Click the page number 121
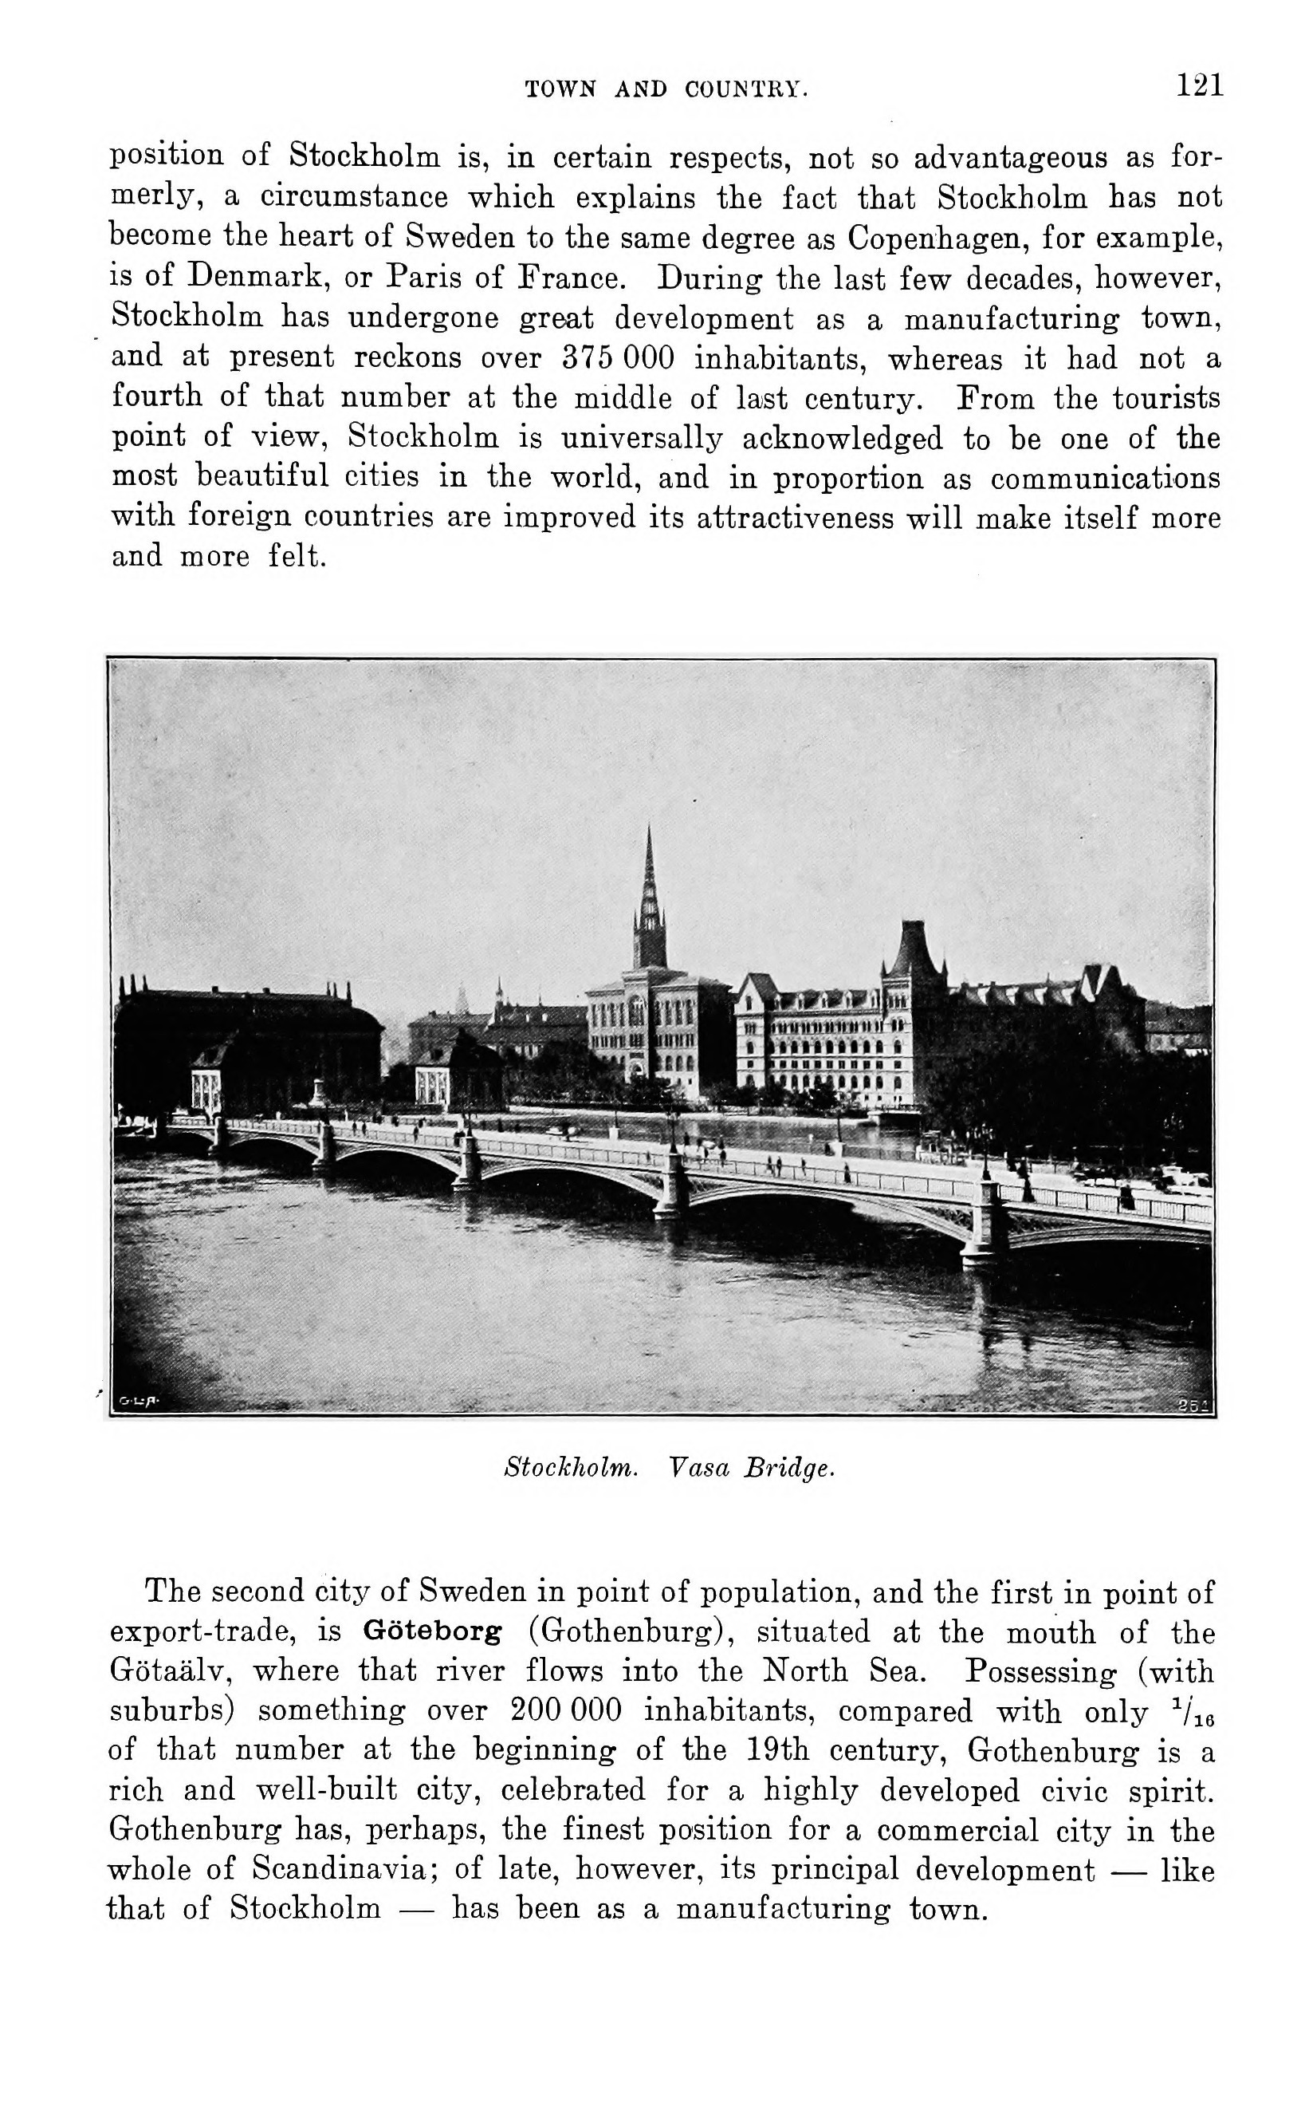coord(1200,85)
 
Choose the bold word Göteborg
coord(431,1632)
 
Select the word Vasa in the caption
coord(699,1467)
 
